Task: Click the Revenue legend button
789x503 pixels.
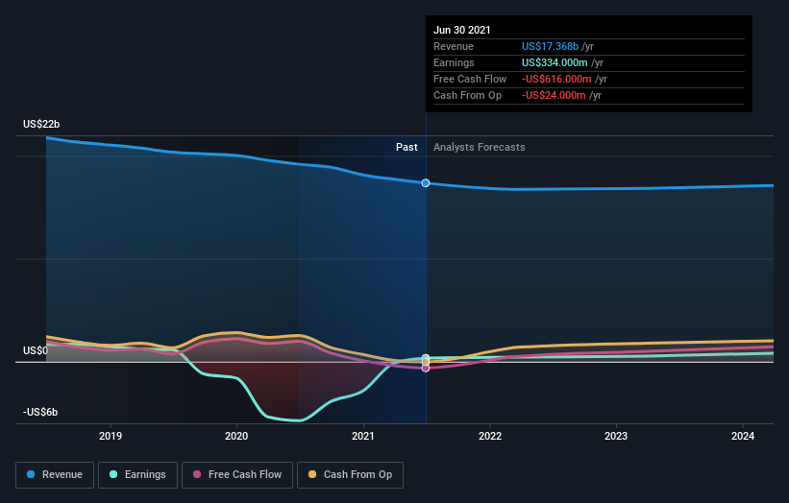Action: [56, 474]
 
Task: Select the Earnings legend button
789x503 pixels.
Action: [137, 474]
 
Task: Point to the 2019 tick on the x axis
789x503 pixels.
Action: [111, 435]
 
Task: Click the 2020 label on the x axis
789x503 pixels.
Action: [236, 435]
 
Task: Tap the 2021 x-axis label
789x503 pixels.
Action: [363, 435]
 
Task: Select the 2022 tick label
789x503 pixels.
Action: [490, 435]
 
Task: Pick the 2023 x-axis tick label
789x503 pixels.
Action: [616, 435]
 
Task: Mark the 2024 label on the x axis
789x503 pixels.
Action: [742, 435]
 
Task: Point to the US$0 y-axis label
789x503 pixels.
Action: [37, 350]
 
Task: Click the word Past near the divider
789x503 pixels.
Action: [407, 147]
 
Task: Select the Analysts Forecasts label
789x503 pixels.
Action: [480, 147]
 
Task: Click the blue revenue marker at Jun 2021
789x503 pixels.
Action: [426, 182]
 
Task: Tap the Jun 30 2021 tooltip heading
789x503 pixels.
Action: [462, 30]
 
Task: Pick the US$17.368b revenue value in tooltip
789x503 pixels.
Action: [550, 46]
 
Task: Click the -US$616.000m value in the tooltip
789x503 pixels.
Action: [555, 79]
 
